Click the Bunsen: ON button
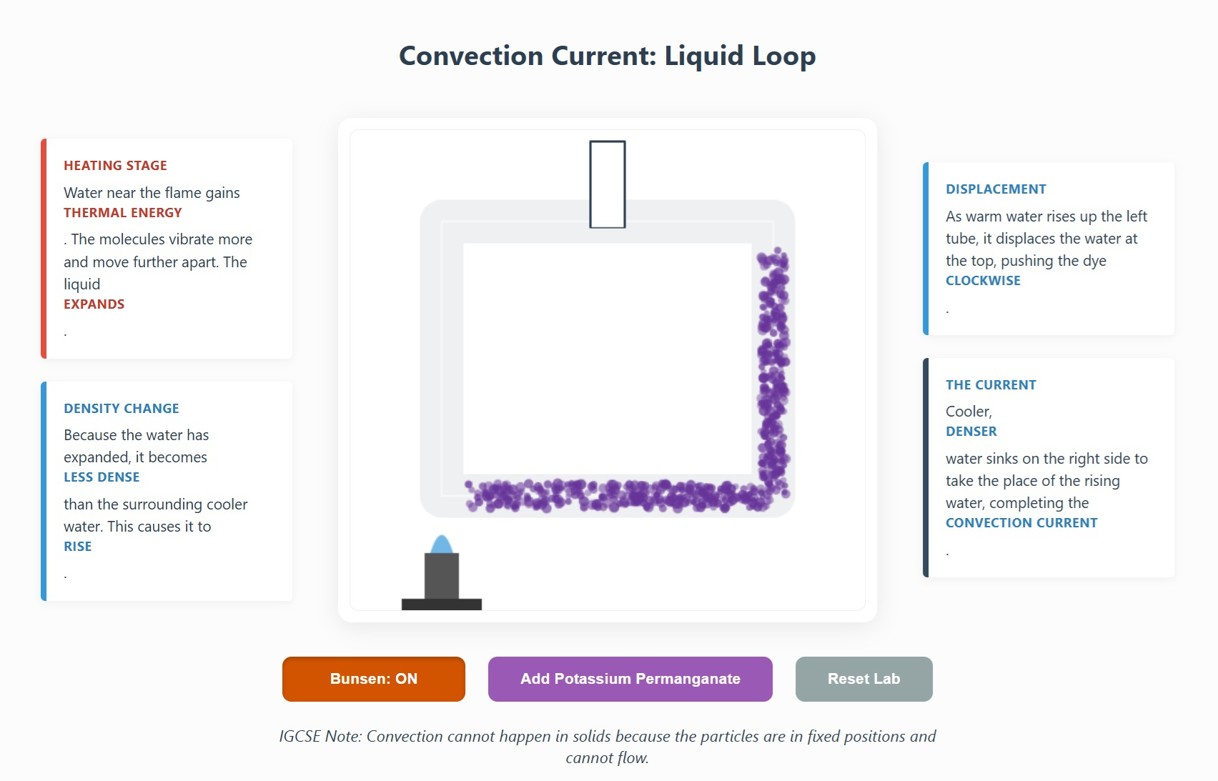click(373, 679)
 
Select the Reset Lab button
click(863, 679)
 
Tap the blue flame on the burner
click(442, 544)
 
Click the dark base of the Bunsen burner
click(442, 605)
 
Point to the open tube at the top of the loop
click(608, 184)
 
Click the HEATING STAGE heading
click(115, 166)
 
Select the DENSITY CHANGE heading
click(122, 409)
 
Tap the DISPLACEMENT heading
click(996, 189)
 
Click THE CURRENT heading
click(991, 385)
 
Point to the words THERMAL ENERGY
click(123, 213)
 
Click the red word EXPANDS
click(94, 304)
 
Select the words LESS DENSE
click(101, 477)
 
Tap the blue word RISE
click(78, 547)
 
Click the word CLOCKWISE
click(983, 281)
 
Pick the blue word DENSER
click(971, 432)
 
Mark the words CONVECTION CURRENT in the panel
click(1021, 523)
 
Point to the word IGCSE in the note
click(299, 737)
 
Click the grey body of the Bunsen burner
click(442, 576)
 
